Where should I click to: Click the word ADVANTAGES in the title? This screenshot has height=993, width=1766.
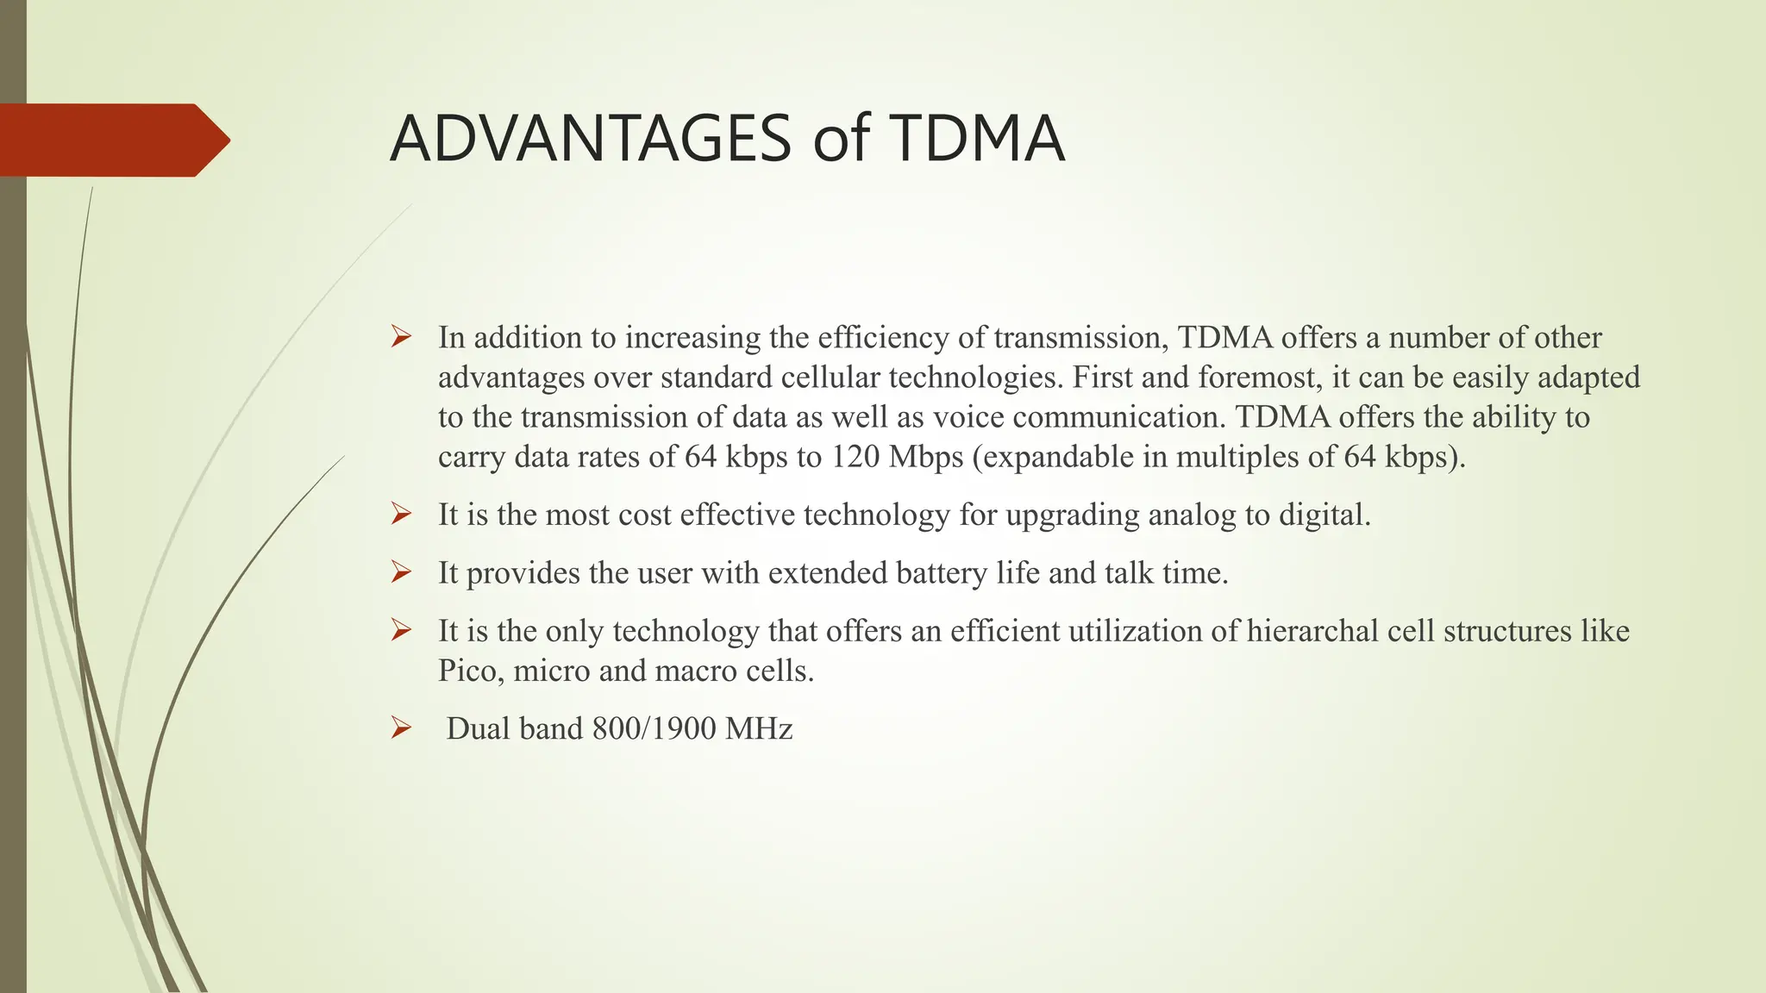tap(590, 139)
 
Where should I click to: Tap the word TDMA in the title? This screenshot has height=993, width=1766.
tap(977, 139)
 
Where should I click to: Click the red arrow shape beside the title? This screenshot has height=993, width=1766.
tap(112, 140)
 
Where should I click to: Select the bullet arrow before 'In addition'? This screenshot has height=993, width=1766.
tap(401, 337)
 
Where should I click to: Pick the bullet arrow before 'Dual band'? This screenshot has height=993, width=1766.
tap(401, 728)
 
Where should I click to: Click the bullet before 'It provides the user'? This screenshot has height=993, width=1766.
tap(401, 572)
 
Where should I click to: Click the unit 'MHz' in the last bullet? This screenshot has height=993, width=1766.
tap(759, 729)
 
